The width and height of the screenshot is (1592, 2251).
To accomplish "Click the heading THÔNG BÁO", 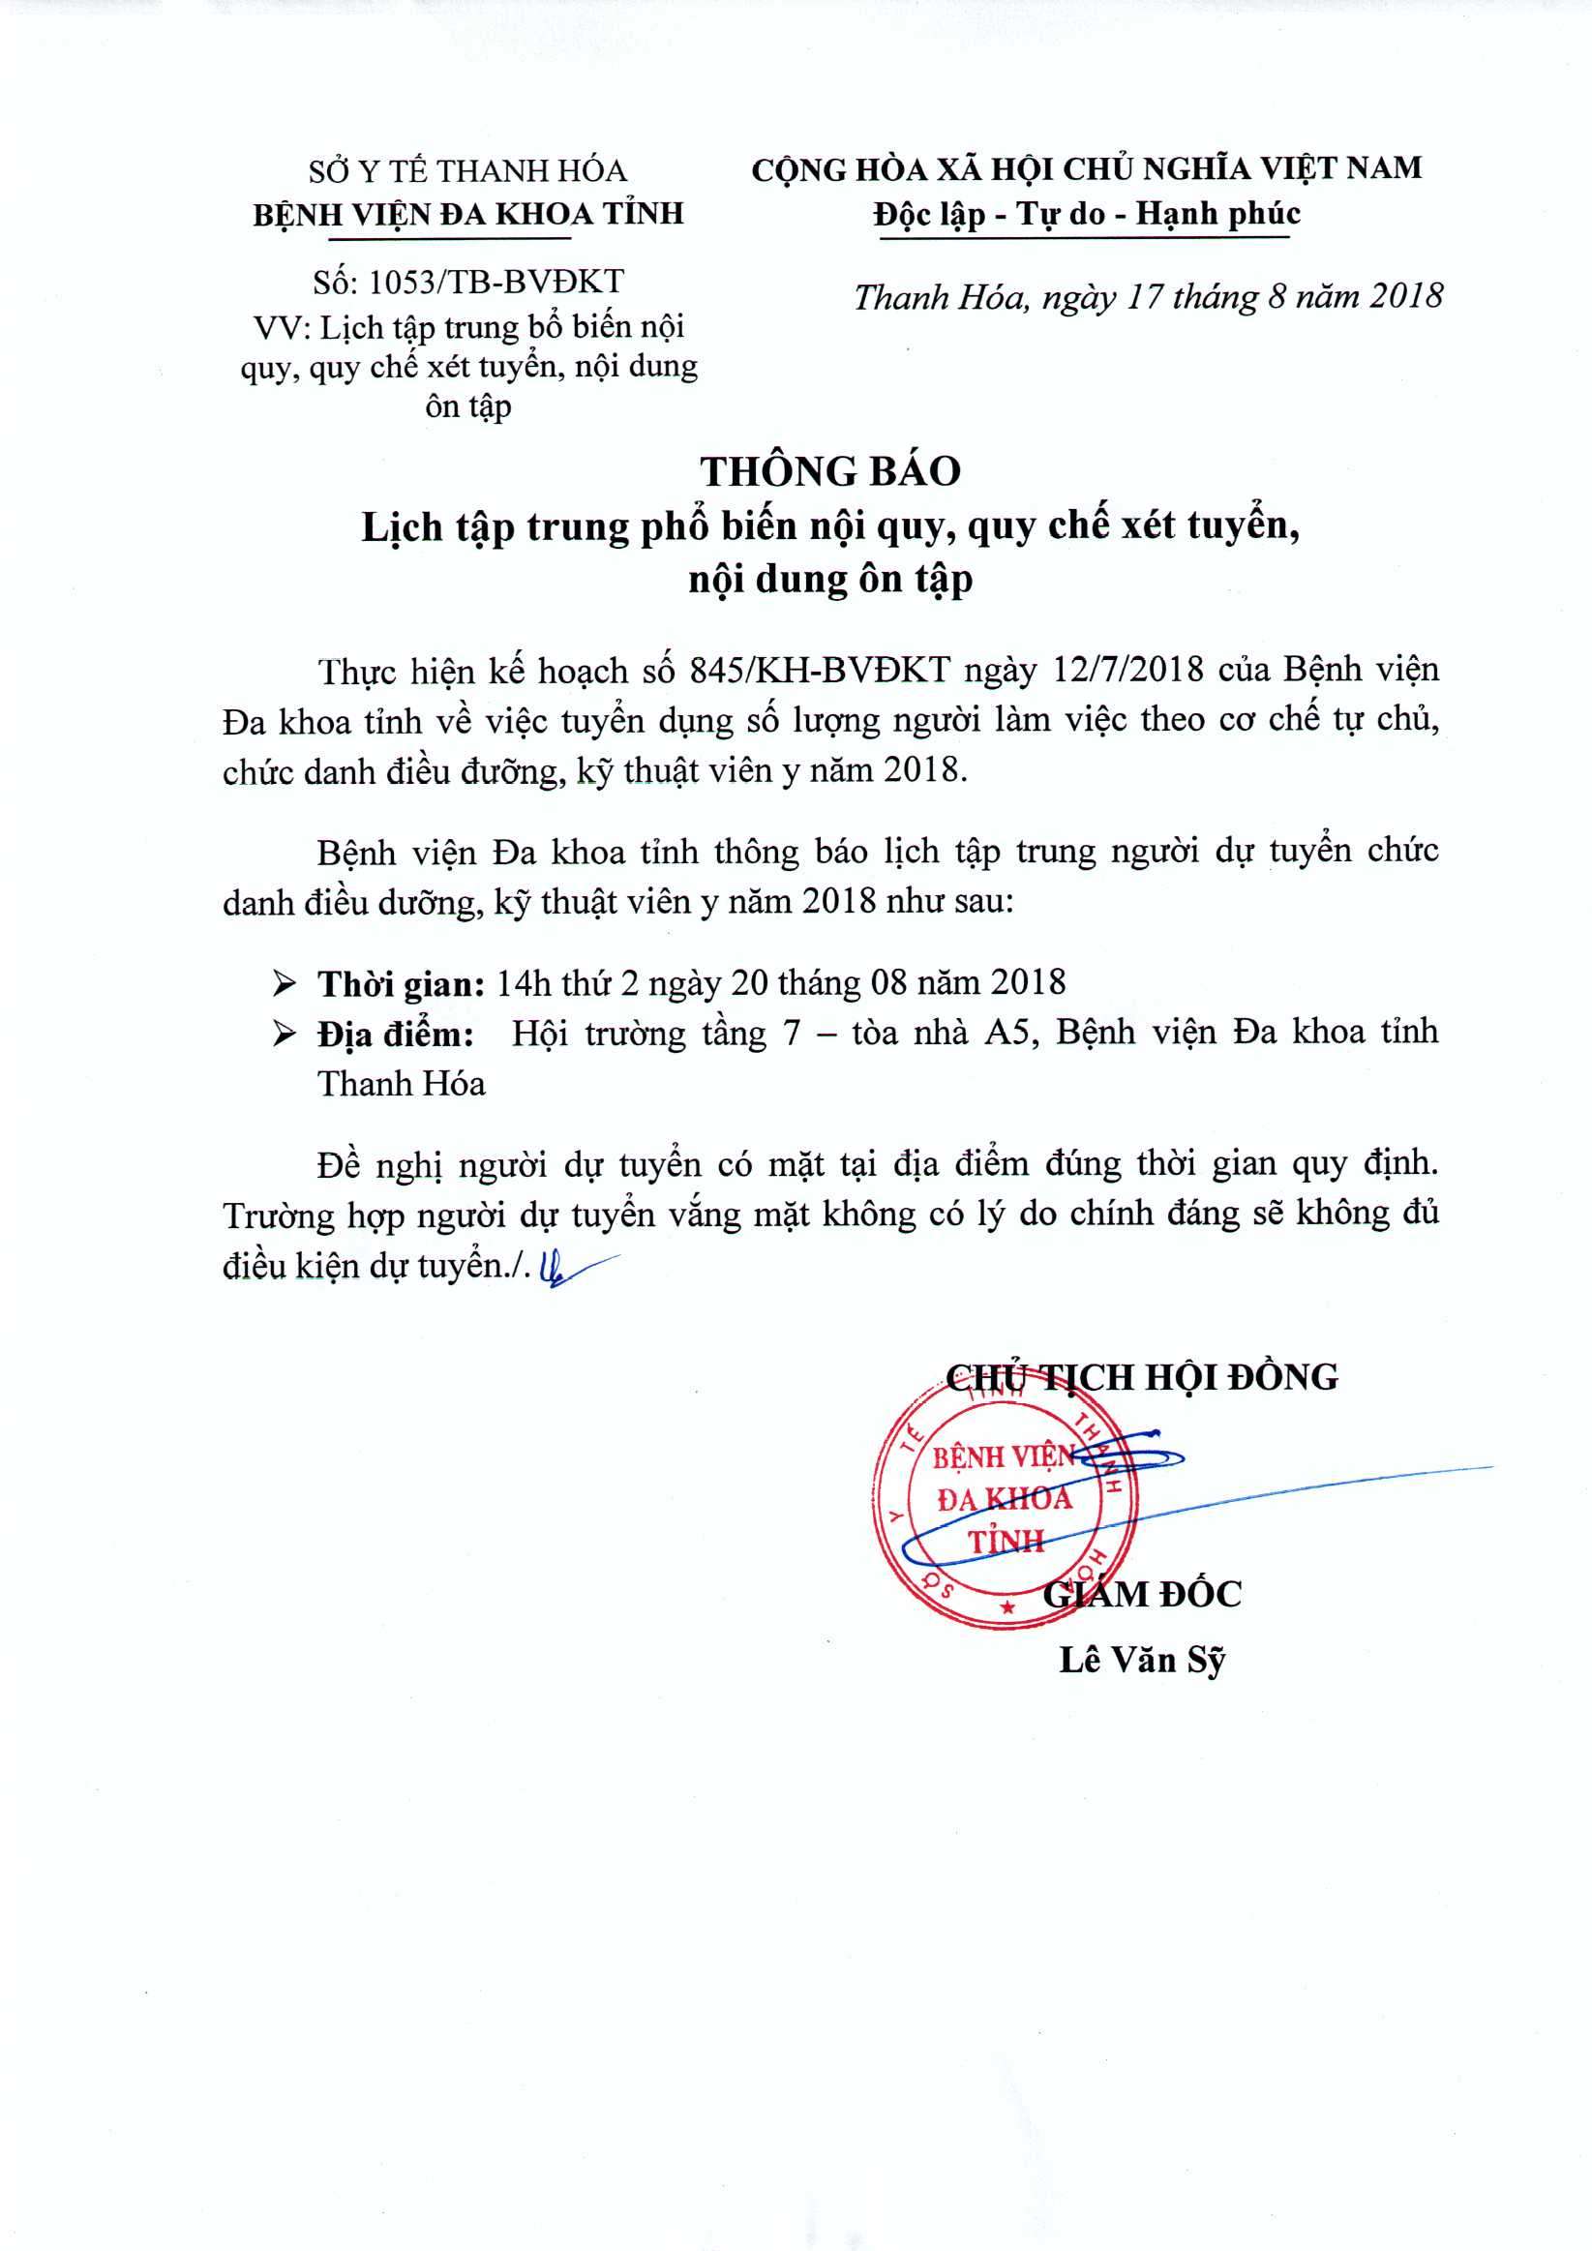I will (x=830, y=472).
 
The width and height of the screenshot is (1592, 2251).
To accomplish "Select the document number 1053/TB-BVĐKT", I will (x=496, y=283).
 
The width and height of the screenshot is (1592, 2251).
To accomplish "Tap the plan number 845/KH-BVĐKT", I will (x=820, y=670).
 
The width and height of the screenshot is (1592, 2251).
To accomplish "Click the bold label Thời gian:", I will (x=400, y=983).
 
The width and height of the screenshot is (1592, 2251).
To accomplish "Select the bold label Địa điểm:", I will (x=395, y=1035).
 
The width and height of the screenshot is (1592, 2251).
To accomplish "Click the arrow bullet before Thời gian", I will (x=285, y=982).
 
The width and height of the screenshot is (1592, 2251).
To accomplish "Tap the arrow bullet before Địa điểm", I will (x=285, y=1034).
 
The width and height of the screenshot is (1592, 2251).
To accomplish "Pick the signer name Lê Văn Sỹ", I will (x=1142, y=1659).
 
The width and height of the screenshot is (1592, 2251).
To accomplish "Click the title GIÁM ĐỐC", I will (x=1142, y=1594).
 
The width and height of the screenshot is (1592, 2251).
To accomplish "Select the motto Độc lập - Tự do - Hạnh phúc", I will (x=1087, y=214).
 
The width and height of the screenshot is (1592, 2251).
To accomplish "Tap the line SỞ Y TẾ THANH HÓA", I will (x=467, y=171).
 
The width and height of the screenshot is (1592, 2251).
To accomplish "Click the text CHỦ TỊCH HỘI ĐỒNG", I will (x=1142, y=1377).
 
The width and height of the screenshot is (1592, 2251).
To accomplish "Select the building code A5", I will (x=1010, y=1034).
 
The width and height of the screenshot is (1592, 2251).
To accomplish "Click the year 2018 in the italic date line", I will (x=1406, y=296).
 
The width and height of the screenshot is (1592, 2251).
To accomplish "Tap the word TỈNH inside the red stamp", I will (x=1006, y=1543).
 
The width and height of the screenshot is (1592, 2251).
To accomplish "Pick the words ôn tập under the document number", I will (x=467, y=405).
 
